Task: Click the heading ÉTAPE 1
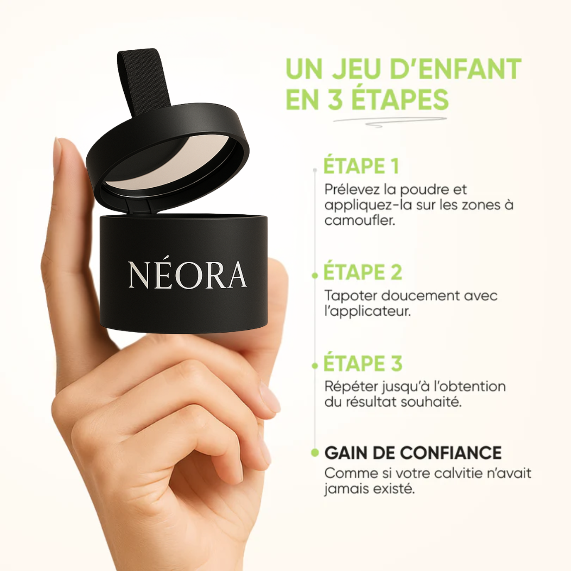pos(361,166)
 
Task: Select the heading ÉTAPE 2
pos(363,272)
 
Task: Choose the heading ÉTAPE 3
pos(363,363)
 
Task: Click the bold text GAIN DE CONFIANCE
pos(413,453)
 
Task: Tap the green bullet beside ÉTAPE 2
pos(315,276)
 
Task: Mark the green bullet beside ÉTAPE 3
pos(315,366)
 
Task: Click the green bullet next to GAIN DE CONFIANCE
pos(315,453)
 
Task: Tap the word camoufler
pos(360,220)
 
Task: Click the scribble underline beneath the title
pos(390,122)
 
